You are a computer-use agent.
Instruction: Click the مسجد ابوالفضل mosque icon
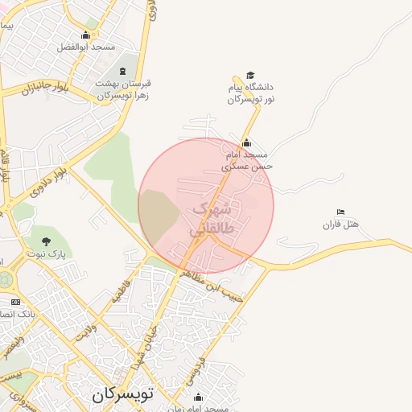point(86,35)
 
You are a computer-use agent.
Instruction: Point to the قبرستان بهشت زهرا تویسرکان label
point(124,89)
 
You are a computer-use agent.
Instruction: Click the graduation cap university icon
point(250,75)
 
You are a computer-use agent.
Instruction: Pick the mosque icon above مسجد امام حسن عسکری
point(247,143)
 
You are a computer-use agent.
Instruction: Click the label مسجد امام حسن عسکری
point(249,160)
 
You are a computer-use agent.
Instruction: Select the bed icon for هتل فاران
point(341,212)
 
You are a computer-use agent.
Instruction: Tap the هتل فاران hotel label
point(339,225)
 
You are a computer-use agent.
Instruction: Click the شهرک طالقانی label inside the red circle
point(212,219)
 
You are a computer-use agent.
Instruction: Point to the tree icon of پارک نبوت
point(45,241)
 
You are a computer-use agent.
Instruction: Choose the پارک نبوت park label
point(49,253)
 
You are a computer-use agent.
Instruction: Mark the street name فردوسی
point(192,368)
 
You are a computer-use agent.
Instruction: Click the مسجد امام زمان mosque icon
point(199,397)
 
